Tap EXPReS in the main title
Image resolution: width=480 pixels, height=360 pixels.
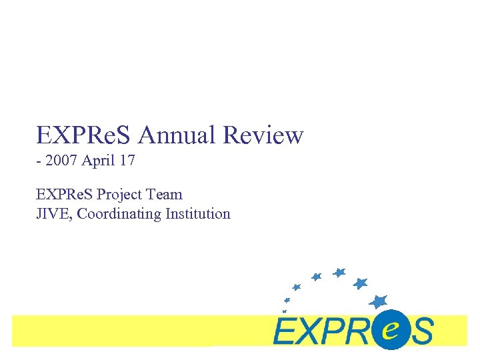point(85,136)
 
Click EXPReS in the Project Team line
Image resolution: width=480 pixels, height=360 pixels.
point(65,195)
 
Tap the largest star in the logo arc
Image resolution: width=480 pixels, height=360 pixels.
point(379,301)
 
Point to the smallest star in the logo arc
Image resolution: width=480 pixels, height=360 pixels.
point(285,311)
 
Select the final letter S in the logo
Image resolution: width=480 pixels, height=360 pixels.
point(421,331)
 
